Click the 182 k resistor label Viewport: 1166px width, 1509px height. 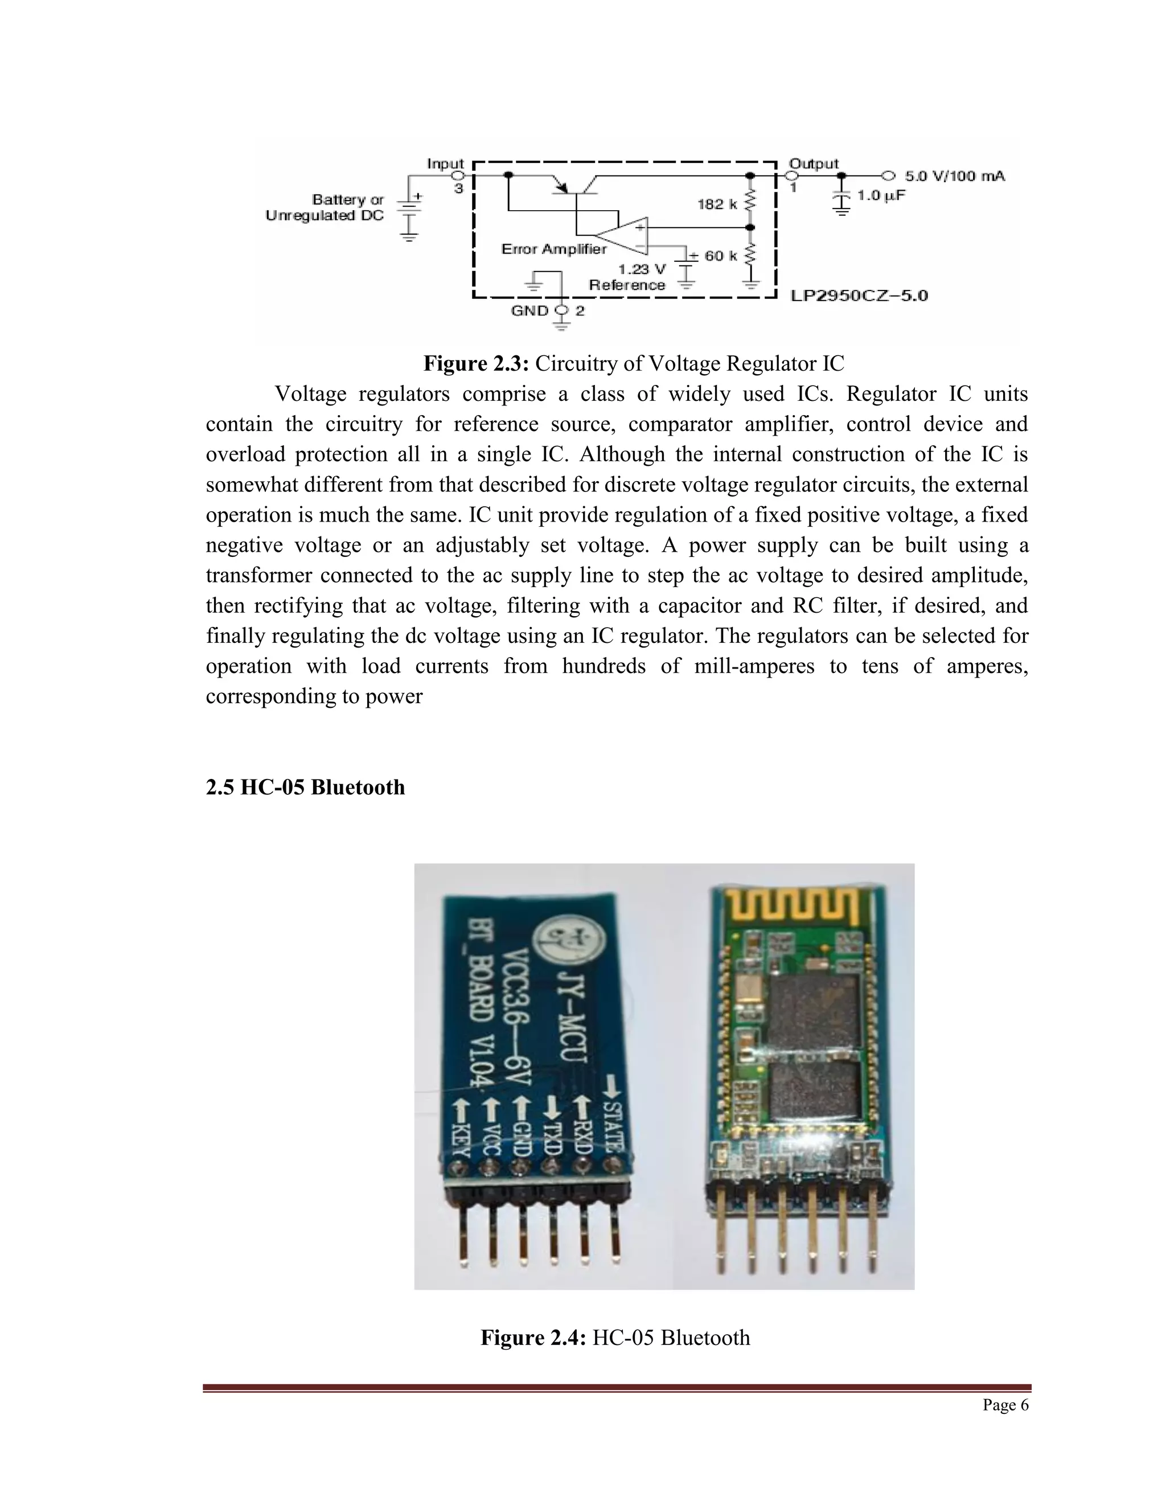click(717, 204)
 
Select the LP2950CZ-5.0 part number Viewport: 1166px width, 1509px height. click(859, 296)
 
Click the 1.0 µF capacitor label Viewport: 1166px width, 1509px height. click(881, 195)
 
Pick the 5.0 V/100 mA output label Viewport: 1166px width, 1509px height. click(955, 176)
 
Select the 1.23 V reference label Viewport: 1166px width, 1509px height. click(642, 269)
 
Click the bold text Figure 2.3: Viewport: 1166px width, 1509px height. click(476, 363)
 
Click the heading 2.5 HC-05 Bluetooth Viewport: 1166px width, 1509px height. click(305, 787)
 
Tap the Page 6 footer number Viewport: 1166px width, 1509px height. click(1006, 1405)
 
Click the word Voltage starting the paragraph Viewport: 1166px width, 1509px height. click(310, 394)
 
